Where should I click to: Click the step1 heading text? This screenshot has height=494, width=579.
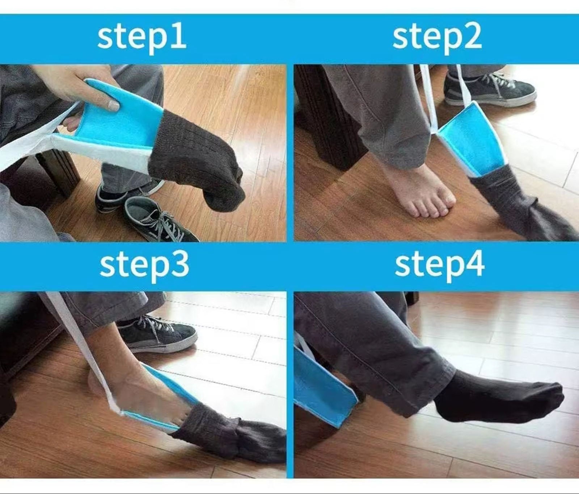point(142,37)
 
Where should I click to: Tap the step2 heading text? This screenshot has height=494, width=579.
point(437,37)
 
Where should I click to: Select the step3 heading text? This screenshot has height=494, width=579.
point(144,265)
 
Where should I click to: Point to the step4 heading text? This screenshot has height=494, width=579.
point(439,265)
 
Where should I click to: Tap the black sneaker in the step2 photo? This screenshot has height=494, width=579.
point(489,88)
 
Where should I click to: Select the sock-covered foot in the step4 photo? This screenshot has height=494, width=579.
point(499,397)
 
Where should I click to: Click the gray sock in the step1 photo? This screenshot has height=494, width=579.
point(197,159)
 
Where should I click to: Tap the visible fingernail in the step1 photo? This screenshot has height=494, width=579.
point(114,106)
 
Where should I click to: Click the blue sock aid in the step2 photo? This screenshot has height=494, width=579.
point(470,139)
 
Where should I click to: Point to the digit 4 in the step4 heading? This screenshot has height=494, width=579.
point(474,264)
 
